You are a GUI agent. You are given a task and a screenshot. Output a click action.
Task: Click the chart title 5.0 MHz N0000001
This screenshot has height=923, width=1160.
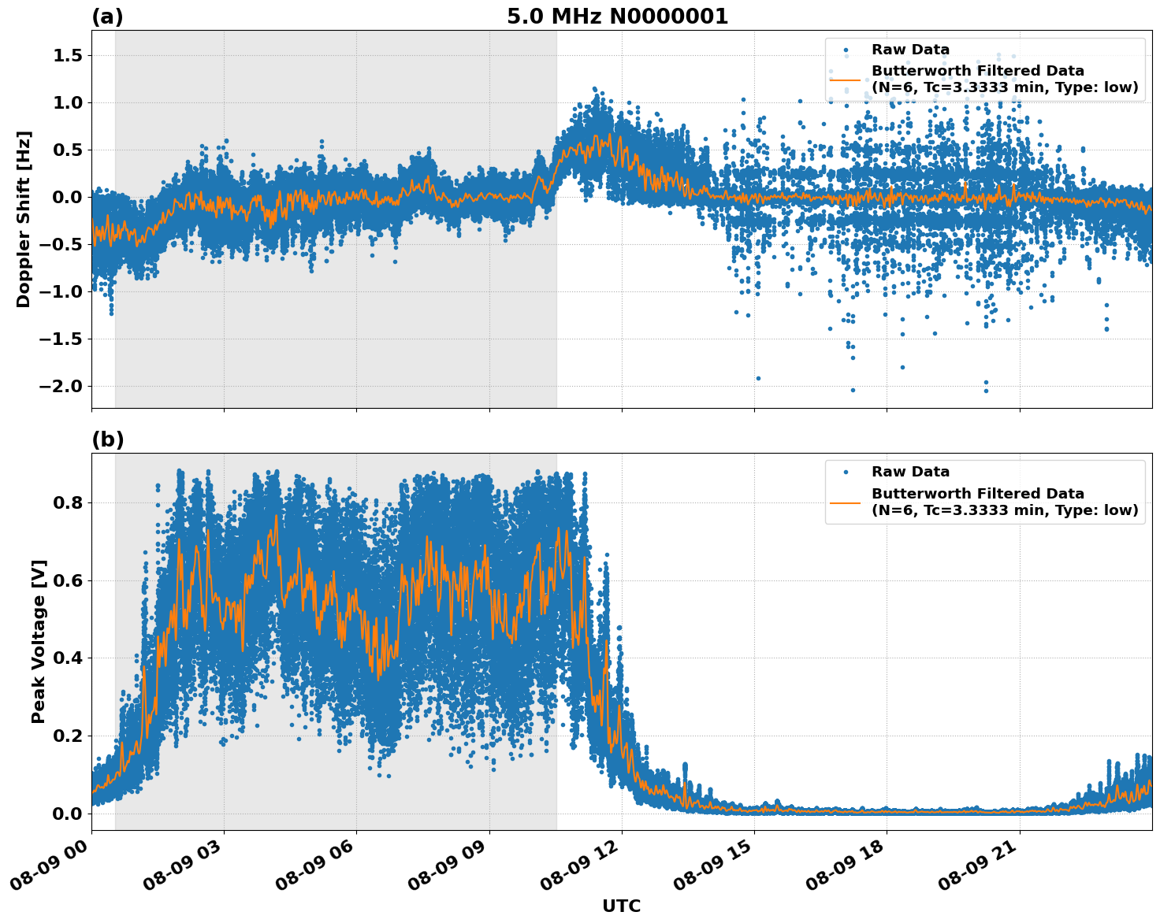(617, 17)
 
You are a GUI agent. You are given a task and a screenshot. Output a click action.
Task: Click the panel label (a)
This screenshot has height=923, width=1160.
(107, 17)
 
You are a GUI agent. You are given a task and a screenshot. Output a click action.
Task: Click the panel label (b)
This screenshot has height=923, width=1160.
(107, 439)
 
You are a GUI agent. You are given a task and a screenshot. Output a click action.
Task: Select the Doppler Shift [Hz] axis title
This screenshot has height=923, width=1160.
(24, 219)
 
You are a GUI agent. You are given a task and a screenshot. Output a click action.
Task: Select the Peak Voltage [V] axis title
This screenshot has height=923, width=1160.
(39, 641)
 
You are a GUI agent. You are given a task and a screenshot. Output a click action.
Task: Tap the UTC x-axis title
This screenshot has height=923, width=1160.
(621, 906)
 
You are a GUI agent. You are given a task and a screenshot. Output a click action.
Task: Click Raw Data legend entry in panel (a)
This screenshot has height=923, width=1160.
(910, 50)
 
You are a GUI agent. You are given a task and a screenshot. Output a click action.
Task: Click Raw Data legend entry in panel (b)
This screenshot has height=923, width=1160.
(910, 472)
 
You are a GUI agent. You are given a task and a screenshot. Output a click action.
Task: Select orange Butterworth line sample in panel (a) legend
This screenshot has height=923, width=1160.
(846, 80)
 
